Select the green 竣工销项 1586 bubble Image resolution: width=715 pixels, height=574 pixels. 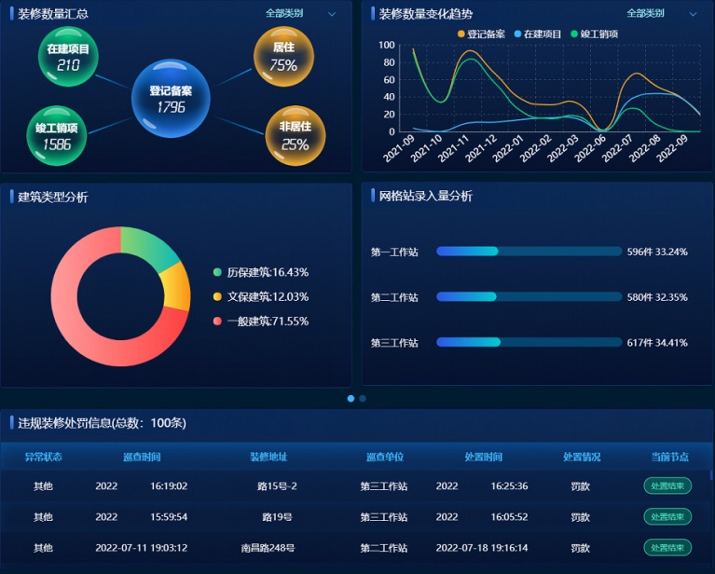tap(56, 135)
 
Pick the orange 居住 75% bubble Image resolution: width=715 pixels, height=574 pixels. tap(283, 57)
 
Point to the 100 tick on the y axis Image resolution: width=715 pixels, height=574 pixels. tap(387, 45)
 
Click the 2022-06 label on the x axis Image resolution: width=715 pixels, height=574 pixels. tap(593, 149)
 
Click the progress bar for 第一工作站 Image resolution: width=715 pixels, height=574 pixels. tap(529, 252)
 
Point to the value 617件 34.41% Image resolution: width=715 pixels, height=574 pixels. tap(656, 343)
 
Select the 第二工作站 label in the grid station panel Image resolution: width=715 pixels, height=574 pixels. tap(394, 297)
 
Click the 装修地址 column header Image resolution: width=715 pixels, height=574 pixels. tap(268, 457)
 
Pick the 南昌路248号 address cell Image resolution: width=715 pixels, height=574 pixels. tap(268, 548)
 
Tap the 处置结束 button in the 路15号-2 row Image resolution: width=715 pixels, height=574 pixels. tap(667, 485)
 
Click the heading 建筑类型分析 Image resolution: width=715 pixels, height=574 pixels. tap(53, 197)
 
